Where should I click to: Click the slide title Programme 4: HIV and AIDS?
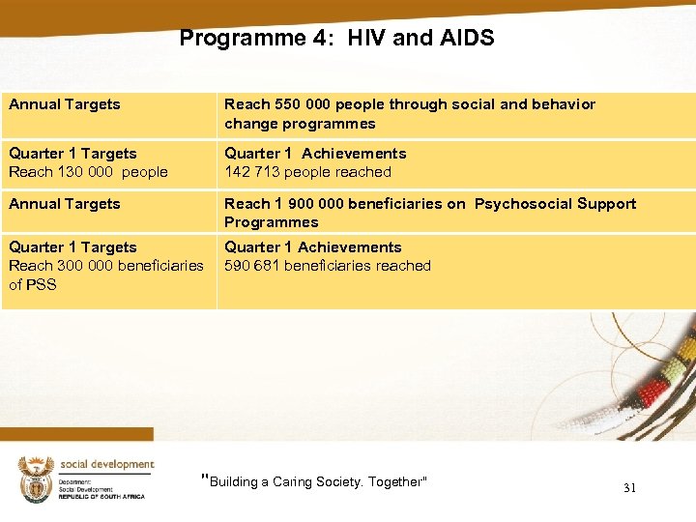pyautogui.click(x=336, y=39)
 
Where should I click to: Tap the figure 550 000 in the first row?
pyautogui.click(x=302, y=104)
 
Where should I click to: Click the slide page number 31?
pyautogui.click(x=629, y=488)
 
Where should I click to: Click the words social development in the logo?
pyautogui.click(x=106, y=464)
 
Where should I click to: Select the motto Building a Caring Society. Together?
pyautogui.click(x=313, y=481)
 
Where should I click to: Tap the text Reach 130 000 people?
pyautogui.click(x=88, y=172)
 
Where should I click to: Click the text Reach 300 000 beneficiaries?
pyautogui.click(x=105, y=266)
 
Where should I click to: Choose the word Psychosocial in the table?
pyautogui.click(x=518, y=204)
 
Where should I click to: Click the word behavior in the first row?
pyautogui.click(x=562, y=104)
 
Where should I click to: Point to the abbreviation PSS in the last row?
pyautogui.click(x=42, y=285)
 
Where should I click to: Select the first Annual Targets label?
pyautogui.click(x=65, y=104)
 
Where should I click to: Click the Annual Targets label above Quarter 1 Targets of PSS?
pyautogui.click(x=65, y=204)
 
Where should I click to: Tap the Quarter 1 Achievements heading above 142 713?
pyautogui.click(x=315, y=154)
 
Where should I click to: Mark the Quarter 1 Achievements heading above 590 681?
pyautogui.click(x=312, y=247)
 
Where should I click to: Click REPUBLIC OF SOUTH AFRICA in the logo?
pyautogui.click(x=101, y=496)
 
